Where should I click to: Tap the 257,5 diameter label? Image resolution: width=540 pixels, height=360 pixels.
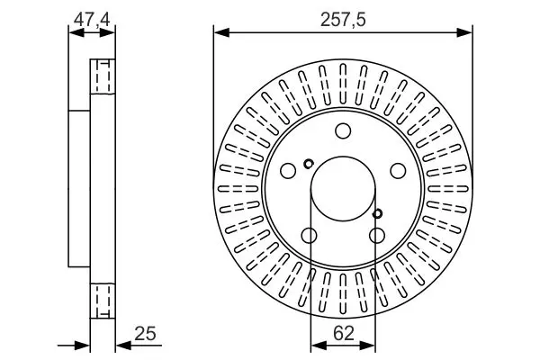[x=342, y=17]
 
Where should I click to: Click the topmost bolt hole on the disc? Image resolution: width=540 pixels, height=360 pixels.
[x=343, y=132]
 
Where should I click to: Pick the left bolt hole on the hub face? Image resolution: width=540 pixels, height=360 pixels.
[x=288, y=170]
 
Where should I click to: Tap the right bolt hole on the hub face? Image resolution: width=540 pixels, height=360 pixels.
[x=397, y=170]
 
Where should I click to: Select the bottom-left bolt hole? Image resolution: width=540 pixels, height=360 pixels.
[x=309, y=236]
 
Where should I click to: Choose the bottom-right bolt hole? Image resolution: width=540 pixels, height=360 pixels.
[x=376, y=236]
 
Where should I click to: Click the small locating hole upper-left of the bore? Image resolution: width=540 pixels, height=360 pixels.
[x=309, y=164]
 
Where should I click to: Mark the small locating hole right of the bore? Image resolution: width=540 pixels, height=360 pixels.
[x=377, y=213]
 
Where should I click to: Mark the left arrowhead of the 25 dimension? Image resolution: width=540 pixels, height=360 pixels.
[x=86, y=343]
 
